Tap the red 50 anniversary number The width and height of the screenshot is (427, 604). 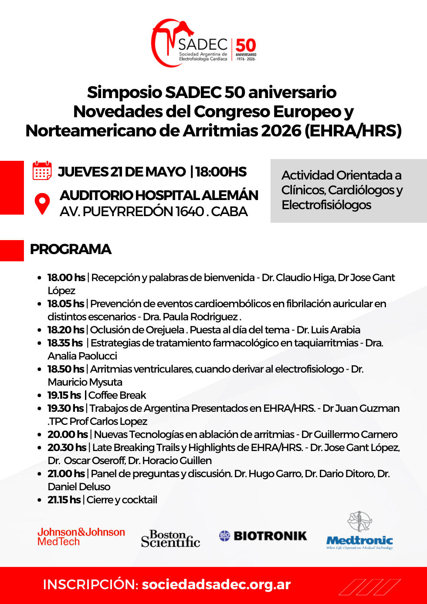[246, 45]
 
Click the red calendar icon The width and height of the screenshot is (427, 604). [42, 170]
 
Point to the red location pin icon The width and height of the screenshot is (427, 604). [42, 203]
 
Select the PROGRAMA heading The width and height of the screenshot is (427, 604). [71, 249]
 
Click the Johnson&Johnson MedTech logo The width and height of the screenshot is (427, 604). [81, 537]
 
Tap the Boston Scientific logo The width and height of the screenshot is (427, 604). [170, 539]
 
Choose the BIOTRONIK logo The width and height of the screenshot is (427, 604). [263, 536]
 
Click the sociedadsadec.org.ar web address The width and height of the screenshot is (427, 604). [216, 584]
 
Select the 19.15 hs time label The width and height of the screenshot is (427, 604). [64, 395]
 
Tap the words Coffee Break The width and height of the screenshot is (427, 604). [117, 395]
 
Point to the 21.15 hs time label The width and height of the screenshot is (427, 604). [64, 500]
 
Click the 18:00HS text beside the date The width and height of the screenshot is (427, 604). [221, 172]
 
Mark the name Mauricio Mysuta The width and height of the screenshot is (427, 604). [85, 382]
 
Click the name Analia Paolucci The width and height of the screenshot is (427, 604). [82, 356]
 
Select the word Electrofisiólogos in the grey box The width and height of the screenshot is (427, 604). [326, 205]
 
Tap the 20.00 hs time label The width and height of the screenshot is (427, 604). [68, 434]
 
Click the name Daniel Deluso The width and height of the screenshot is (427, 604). [79, 487]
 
